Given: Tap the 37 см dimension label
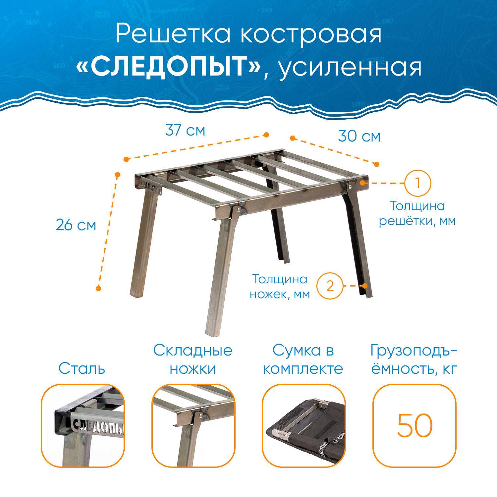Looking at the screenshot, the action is [x=185, y=130].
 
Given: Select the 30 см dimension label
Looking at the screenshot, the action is [x=359, y=136].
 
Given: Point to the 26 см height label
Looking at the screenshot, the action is [x=76, y=225].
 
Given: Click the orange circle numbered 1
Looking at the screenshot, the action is [x=417, y=183].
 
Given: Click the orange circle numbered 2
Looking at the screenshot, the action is [x=330, y=286].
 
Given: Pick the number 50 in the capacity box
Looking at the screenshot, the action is [x=415, y=425].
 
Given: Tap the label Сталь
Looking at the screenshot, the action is [x=82, y=368].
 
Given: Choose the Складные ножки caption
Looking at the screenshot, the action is [x=193, y=359].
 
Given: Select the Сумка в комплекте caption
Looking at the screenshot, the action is [x=303, y=359].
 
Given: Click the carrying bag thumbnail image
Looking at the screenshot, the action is [x=304, y=426].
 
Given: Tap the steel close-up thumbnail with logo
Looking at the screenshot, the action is [x=83, y=426].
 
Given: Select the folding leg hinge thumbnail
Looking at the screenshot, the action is [x=193, y=426].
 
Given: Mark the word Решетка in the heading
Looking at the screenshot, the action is [x=173, y=34].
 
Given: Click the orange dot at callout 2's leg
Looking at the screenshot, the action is [x=365, y=286].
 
